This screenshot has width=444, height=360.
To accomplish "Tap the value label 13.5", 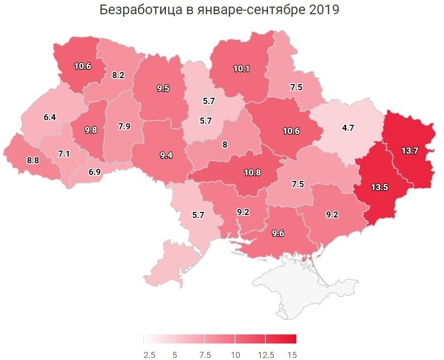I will tap(379, 187).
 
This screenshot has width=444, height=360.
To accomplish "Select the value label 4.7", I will tap(348, 128).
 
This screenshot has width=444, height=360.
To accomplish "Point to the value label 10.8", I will tap(252, 172).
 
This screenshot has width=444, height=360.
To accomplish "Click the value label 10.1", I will tap(242, 68).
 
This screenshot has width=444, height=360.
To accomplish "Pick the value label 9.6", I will tap(278, 234).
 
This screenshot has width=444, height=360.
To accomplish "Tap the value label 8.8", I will tap(32, 160).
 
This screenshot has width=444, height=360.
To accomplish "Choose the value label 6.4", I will tap(49, 117).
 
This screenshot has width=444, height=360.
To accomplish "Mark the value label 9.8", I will tap(91, 130).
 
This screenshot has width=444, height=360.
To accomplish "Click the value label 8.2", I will tap(118, 75).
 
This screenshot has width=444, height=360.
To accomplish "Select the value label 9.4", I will tap(166, 156).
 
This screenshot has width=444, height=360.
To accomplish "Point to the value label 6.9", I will tap(94, 172).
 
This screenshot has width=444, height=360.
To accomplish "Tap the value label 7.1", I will tap(63, 154).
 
